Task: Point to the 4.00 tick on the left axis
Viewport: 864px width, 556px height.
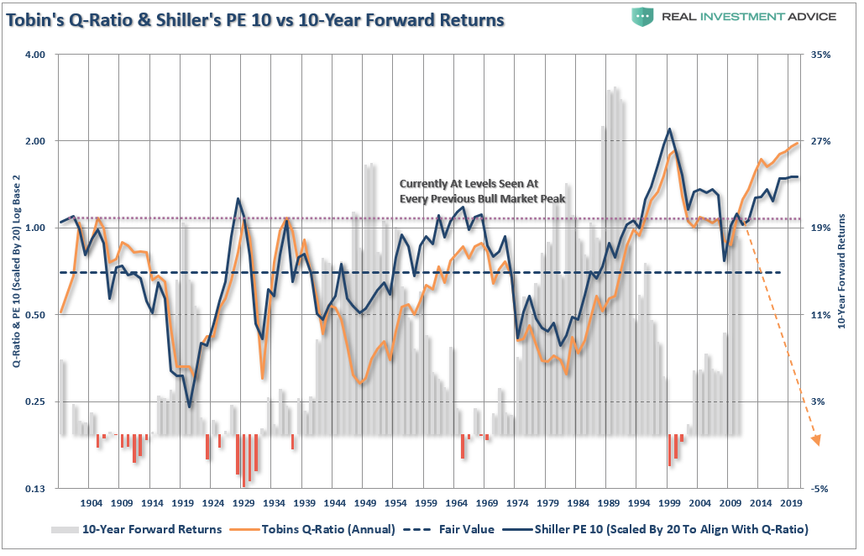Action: click(x=34, y=55)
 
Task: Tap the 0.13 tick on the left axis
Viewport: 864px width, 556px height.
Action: click(x=34, y=489)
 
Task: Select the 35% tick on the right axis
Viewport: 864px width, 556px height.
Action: click(x=821, y=55)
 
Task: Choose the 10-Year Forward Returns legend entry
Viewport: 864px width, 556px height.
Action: click(x=136, y=529)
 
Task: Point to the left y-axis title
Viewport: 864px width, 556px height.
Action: click(x=17, y=271)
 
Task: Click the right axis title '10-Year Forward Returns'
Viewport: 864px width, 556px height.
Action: click(x=844, y=271)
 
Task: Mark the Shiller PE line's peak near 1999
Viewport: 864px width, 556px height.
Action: click(x=669, y=129)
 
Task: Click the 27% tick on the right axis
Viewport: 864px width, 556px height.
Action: click(x=821, y=141)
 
